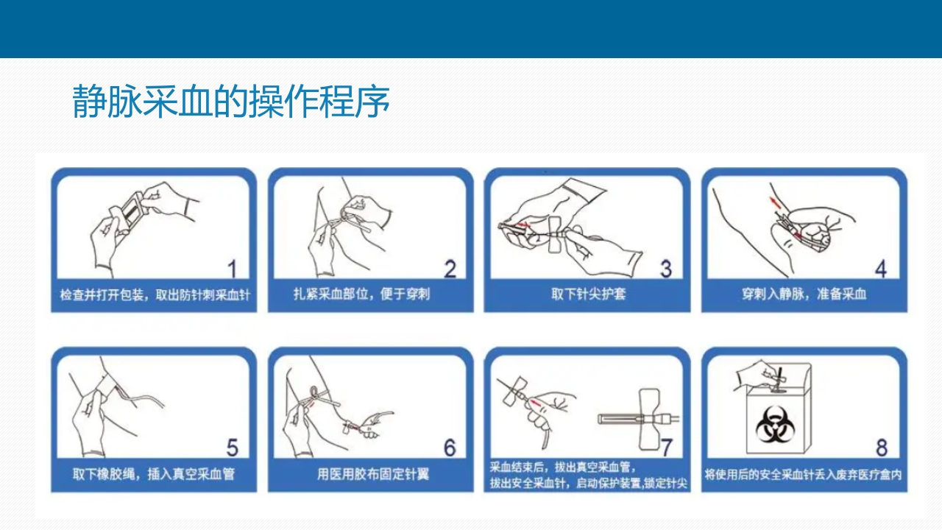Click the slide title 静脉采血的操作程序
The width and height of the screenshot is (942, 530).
click(x=231, y=101)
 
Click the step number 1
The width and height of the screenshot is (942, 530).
click(x=232, y=269)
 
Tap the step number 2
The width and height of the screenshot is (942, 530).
click(x=450, y=269)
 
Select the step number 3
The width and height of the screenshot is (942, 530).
click(x=666, y=269)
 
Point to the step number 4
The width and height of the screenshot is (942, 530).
click(x=881, y=269)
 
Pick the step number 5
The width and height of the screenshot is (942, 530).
click(x=232, y=448)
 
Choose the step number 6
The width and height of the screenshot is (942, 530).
click(x=450, y=448)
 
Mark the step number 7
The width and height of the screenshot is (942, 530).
click(x=667, y=448)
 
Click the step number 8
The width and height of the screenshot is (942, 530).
click(x=882, y=448)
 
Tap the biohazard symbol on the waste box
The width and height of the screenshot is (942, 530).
click(x=775, y=424)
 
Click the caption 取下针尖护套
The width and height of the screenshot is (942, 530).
click(x=588, y=294)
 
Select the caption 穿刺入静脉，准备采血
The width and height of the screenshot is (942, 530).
click(x=804, y=294)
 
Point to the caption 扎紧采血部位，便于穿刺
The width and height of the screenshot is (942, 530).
click(x=361, y=294)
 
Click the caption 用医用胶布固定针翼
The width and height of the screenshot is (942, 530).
click(x=373, y=474)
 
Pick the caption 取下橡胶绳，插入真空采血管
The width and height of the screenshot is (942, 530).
click(x=154, y=474)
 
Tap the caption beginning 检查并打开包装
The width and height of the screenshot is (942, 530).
click(x=155, y=294)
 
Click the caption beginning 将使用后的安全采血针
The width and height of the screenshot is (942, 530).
click(x=803, y=475)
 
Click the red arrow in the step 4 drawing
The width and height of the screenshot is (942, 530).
click(x=773, y=202)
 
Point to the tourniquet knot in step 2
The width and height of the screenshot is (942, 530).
click(x=346, y=216)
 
